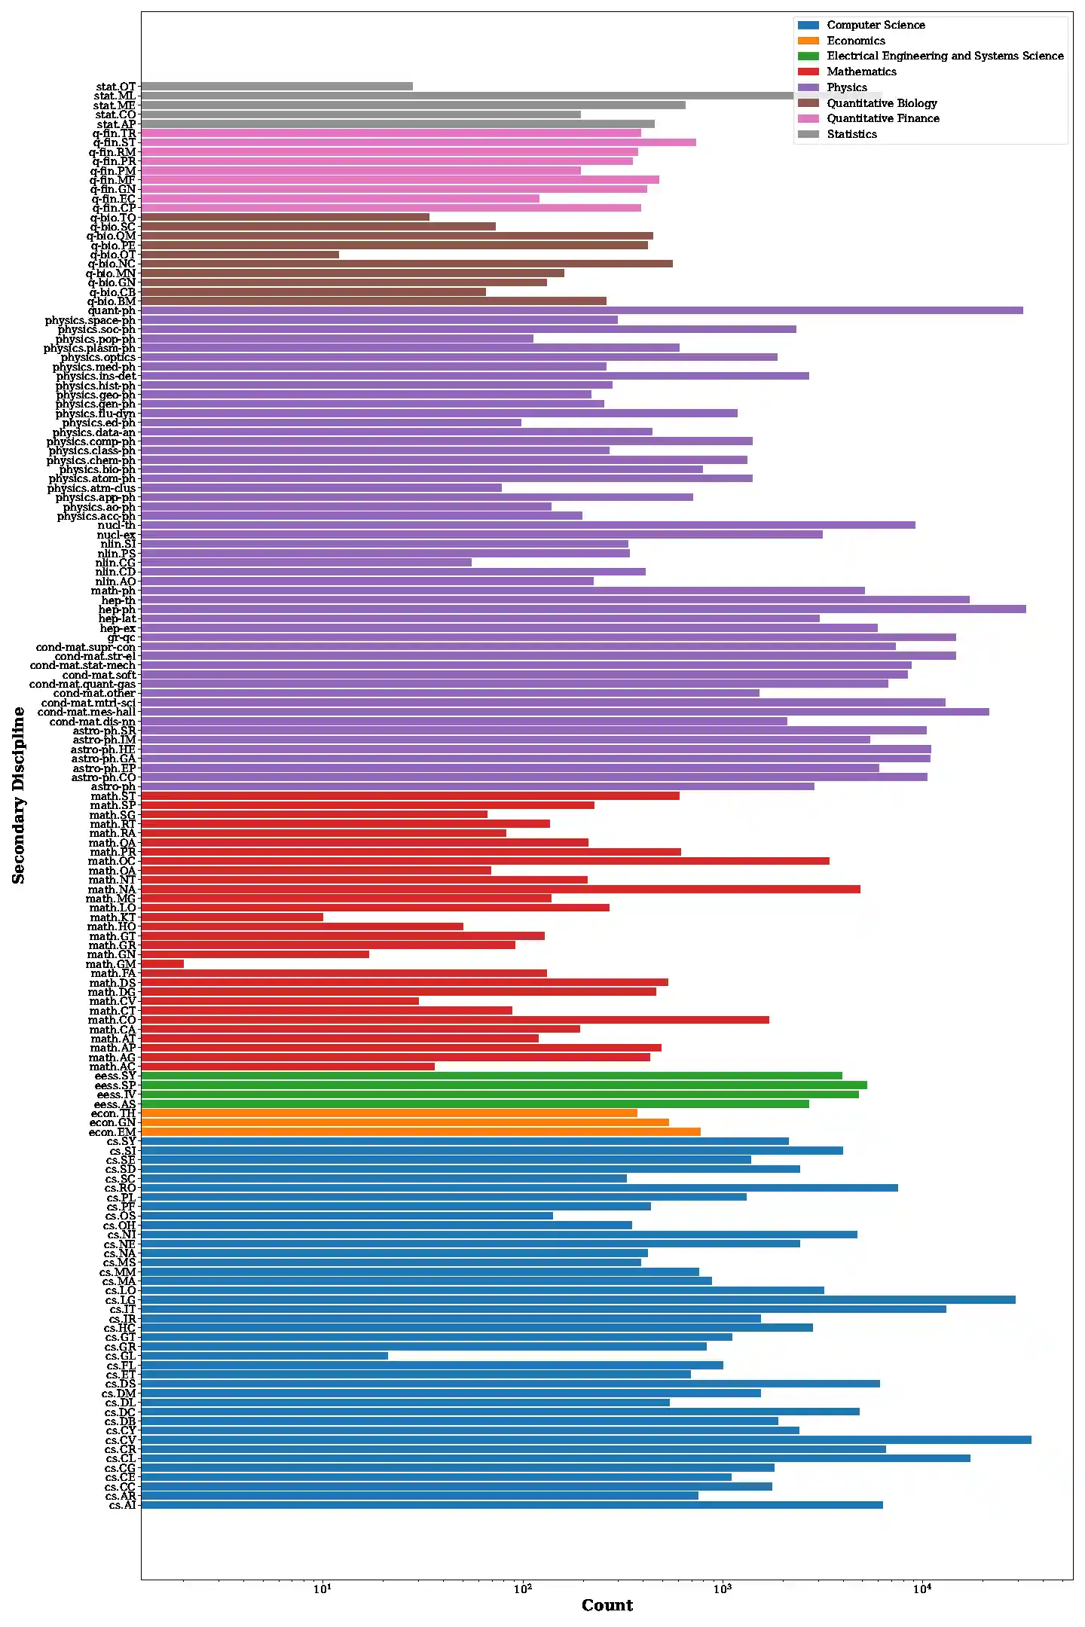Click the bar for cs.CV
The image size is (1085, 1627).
pyautogui.click(x=585, y=1439)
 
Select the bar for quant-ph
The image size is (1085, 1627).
pyautogui.click(x=582, y=310)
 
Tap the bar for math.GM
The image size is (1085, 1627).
pyautogui.click(x=162, y=963)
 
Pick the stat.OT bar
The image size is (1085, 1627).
pyautogui.click(x=277, y=87)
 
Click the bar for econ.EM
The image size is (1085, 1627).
pyautogui.click(x=420, y=1131)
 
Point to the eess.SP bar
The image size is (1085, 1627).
pyautogui.click(x=503, y=1085)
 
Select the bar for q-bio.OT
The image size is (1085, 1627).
pyautogui.click(x=240, y=255)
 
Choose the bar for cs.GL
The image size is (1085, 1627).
pyautogui.click(x=264, y=1355)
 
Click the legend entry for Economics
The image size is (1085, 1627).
pyautogui.click(x=855, y=41)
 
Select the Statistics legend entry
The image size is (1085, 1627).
pyautogui.click(x=851, y=134)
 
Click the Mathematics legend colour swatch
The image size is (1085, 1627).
pyautogui.click(x=808, y=72)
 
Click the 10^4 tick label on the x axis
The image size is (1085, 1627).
pyautogui.click(x=922, y=1589)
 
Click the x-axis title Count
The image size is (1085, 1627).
pyautogui.click(x=607, y=1606)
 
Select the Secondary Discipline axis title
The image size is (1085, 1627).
pyautogui.click(x=19, y=795)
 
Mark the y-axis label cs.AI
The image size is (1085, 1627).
pyautogui.click(x=122, y=1505)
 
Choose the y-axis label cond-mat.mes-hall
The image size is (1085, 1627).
pyautogui.click(x=87, y=712)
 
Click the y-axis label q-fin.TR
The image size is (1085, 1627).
pyautogui.click(x=115, y=133)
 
